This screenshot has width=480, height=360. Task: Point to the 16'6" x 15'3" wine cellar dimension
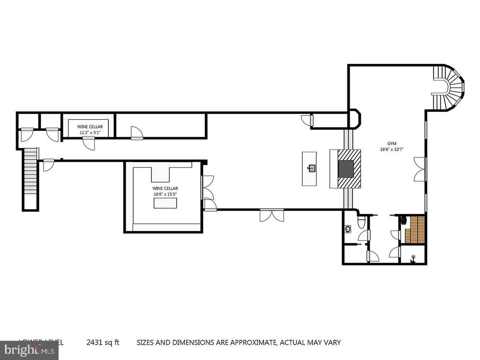(x=165, y=194)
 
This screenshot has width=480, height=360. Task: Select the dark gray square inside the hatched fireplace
(x=346, y=168)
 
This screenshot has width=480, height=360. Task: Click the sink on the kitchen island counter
(x=312, y=168)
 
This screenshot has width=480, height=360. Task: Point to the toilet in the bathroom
(x=362, y=223)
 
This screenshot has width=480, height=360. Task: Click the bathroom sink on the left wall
(x=348, y=229)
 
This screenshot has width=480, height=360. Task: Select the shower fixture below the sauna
(x=413, y=258)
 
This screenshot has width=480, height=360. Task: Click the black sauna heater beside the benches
(x=403, y=219)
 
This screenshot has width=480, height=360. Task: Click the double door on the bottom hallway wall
(x=271, y=215)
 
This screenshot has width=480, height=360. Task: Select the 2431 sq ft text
(x=103, y=343)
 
